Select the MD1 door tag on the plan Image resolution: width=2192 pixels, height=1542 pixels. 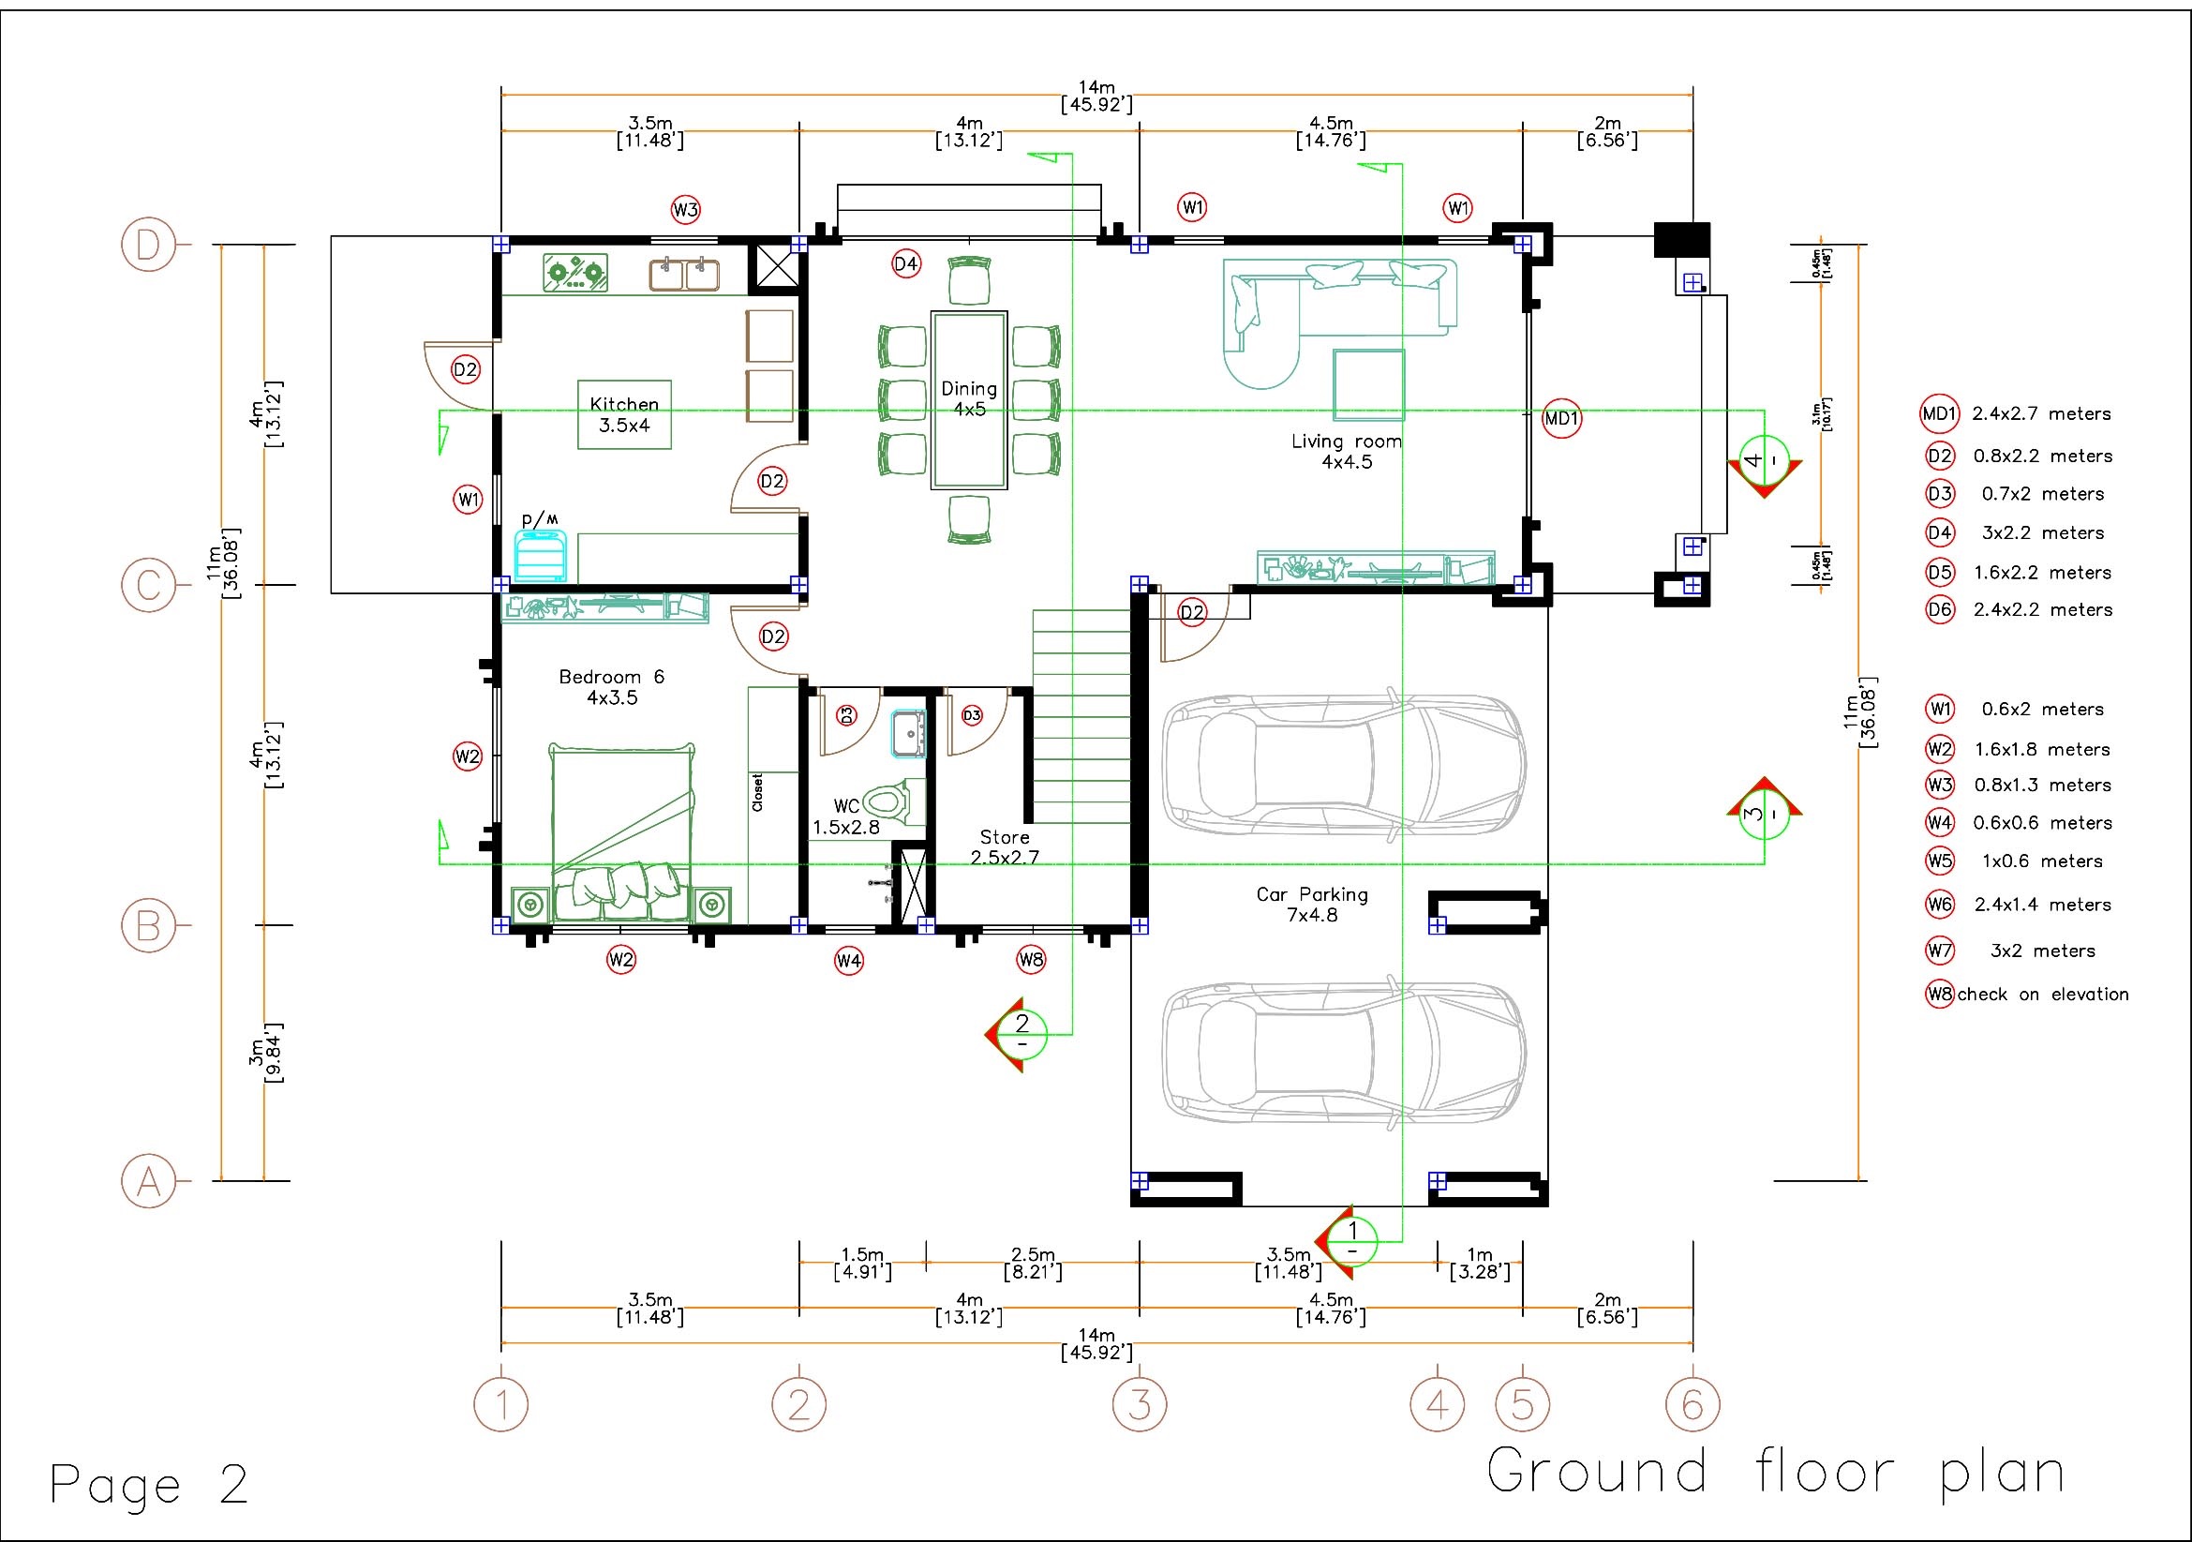(x=1563, y=418)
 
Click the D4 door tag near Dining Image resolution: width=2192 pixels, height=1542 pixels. (x=906, y=263)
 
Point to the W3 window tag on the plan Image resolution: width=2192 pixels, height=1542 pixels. (x=685, y=209)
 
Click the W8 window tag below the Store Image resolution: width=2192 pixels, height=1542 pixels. (x=1031, y=960)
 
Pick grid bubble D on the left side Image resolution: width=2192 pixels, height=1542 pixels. (x=148, y=246)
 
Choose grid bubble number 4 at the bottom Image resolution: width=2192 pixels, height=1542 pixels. (x=1438, y=1403)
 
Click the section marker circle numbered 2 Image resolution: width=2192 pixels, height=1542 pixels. (x=1023, y=1033)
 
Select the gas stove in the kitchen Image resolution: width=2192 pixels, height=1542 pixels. (x=575, y=273)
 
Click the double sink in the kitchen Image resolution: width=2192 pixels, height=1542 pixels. (x=684, y=274)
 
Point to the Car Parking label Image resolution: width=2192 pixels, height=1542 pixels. (x=1312, y=905)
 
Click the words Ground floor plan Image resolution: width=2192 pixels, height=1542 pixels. (x=1776, y=1472)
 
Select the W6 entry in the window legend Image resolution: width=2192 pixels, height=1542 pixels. (x=2019, y=905)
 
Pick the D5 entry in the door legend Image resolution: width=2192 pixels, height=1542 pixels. (x=2019, y=572)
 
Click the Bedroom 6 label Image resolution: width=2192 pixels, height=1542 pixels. (x=612, y=686)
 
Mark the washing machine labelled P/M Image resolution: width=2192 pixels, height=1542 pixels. (x=541, y=555)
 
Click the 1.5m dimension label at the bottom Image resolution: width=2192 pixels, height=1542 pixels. (x=862, y=1263)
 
